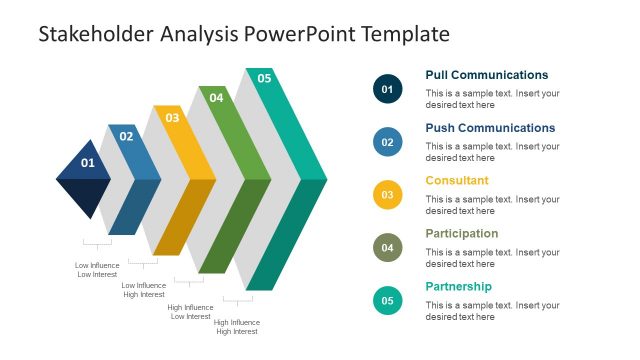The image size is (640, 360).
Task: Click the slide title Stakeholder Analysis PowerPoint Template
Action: tap(244, 34)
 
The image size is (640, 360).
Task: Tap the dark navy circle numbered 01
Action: tap(387, 89)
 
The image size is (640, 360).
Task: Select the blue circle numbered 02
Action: tap(387, 142)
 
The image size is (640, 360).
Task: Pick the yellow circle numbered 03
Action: tap(387, 195)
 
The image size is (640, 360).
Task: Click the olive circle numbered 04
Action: tap(387, 247)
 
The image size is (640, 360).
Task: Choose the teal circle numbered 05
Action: tap(387, 300)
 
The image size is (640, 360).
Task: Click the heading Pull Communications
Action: tap(486, 75)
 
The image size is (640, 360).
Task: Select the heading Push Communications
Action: tap(489, 128)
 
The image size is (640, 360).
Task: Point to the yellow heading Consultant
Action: tap(457, 181)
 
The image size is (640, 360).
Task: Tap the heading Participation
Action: tap(461, 234)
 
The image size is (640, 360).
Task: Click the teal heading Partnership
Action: tap(458, 287)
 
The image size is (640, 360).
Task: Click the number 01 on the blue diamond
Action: tap(88, 163)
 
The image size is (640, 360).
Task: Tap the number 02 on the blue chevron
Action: tap(127, 137)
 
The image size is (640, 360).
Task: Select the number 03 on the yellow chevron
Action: tap(172, 118)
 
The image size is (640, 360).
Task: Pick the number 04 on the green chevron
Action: tap(216, 98)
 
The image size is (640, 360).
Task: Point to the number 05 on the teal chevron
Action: tap(264, 78)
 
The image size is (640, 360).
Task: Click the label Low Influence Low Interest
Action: tap(97, 270)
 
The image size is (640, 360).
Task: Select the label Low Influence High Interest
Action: tap(143, 290)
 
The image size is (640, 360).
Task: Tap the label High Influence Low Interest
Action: tap(189, 312)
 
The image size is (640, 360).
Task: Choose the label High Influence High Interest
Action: tap(237, 327)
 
